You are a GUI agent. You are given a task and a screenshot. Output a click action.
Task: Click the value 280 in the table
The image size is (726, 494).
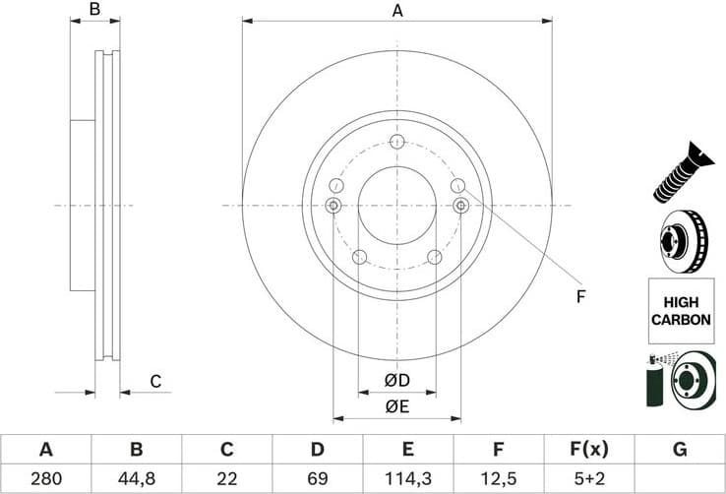(45, 478)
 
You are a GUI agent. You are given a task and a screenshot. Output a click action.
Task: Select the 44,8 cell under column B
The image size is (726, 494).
(136, 478)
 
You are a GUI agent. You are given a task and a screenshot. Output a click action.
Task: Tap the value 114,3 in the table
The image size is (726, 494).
(407, 478)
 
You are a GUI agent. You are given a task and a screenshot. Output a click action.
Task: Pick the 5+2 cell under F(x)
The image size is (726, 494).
(588, 478)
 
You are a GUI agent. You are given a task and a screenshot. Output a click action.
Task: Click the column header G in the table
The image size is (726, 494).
(679, 450)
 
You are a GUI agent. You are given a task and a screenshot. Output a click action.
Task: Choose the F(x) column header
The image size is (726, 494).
(588, 450)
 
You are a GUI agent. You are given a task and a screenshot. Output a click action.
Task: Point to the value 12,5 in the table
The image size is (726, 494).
(498, 478)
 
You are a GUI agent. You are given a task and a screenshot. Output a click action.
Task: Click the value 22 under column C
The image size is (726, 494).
(226, 478)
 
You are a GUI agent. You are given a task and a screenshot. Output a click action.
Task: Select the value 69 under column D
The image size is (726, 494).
(317, 478)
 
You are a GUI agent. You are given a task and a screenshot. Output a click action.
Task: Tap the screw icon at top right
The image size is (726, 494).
(679, 173)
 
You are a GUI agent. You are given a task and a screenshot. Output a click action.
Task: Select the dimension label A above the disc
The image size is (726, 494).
(397, 11)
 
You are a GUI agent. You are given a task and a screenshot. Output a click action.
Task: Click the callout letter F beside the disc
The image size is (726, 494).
(580, 296)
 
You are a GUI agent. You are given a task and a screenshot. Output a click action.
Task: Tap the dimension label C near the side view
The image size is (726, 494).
(154, 382)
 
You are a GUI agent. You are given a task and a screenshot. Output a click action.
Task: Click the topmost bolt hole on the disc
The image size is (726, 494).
(396, 142)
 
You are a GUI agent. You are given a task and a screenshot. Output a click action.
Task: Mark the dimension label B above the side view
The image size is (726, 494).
(95, 10)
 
